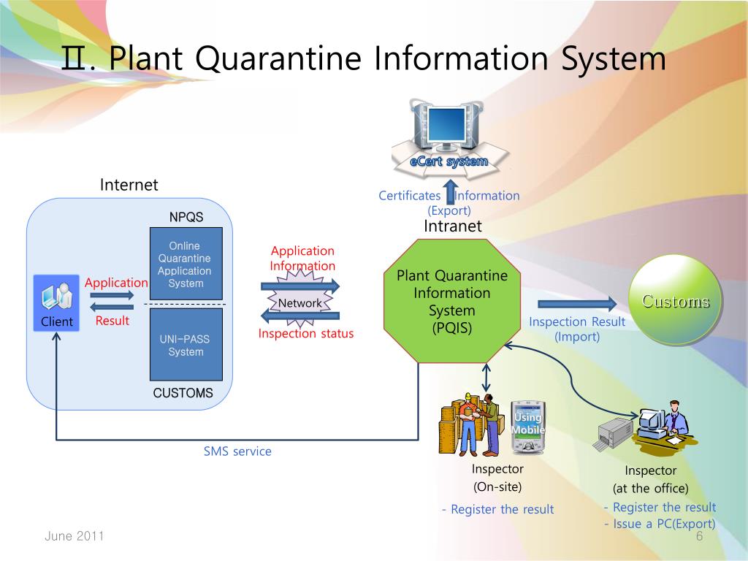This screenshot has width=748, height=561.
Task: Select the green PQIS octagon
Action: [x=452, y=301]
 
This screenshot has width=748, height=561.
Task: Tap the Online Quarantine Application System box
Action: [x=186, y=264]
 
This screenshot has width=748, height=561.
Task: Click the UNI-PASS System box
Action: [x=186, y=344]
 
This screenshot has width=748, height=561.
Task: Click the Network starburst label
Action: [x=300, y=303]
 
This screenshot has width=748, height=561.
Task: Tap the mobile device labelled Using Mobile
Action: [x=527, y=427]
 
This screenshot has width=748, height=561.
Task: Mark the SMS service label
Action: [x=237, y=451]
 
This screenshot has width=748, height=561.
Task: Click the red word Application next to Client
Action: [x=116, y=283]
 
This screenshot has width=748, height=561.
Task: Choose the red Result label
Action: [x=112, y=321]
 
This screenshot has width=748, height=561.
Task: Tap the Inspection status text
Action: [x=305, y=334]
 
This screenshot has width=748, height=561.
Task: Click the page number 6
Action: [x=699, y=536]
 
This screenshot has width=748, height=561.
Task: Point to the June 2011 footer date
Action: [x=75, y=536]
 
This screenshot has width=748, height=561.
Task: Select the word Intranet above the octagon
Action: [x=452, y=226]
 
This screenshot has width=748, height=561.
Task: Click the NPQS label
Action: [x=186, y=217]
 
